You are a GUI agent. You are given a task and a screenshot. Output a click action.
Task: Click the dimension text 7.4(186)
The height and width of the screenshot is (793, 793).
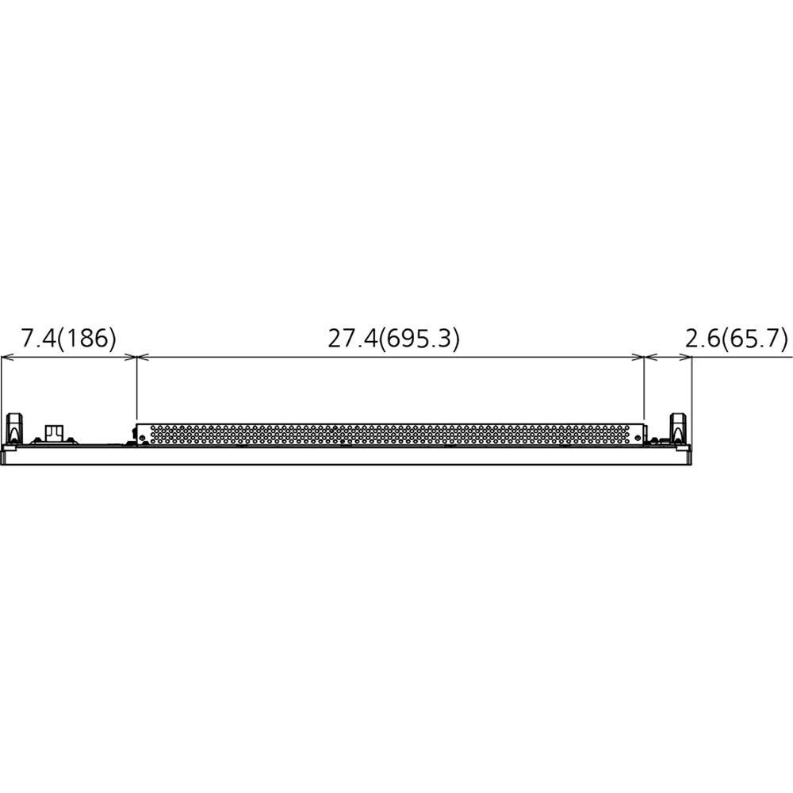(69, 339)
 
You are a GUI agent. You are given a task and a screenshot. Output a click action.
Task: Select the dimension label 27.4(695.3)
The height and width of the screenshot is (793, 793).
(394, 339)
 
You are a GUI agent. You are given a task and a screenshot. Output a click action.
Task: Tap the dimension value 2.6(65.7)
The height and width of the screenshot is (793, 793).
(736, 339)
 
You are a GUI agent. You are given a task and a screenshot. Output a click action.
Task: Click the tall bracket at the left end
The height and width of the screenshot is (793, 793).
(14, 429)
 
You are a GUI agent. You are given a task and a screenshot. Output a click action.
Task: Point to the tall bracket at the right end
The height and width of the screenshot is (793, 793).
(679, 429)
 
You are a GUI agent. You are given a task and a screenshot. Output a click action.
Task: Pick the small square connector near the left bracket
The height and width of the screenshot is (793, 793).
(53, 432)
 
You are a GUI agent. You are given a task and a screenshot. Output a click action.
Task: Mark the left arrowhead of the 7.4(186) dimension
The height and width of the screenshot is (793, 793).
(6, 358)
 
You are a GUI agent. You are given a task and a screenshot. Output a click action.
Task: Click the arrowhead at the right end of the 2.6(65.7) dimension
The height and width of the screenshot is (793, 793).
(688, 358)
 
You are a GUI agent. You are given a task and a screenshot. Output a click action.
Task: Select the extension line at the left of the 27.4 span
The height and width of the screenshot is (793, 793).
(137, 389)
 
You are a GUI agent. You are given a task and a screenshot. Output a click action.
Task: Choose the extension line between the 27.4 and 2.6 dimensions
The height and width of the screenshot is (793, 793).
(644, 389)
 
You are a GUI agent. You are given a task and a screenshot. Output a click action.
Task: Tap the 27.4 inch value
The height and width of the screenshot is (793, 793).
(352, 339)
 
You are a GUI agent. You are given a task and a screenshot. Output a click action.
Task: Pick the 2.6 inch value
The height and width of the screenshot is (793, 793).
(700, 339)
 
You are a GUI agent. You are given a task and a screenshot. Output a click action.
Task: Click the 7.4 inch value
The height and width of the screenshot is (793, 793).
(37, 339)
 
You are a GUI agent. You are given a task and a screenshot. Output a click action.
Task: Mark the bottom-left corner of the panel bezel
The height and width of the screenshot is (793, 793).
(2, 462)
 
